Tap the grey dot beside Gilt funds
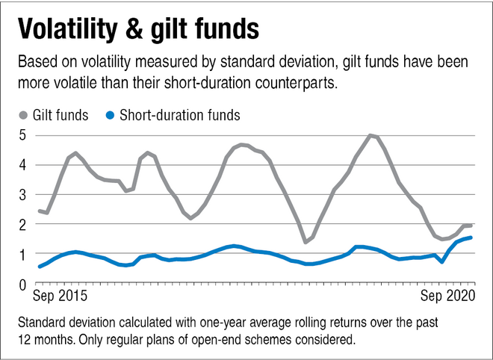[x=22, y=115]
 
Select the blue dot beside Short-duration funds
[x=110, y=115]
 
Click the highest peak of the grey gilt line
[x=370, y=135]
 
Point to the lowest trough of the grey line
[x=306, y=242]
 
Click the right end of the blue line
[x=471, y=238]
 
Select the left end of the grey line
[x=39, y=211]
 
